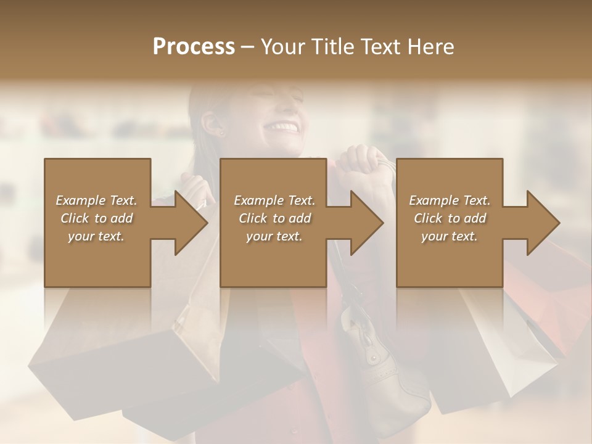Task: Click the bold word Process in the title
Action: click(x=194, y=46)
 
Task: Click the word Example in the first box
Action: click(x=81, y=200)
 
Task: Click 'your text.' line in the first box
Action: click(x=96, y=236)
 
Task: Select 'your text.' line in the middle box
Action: click(x=274, y=236)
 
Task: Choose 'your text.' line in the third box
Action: click(x=450, y=236)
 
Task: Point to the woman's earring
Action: click(x=221, y=133)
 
